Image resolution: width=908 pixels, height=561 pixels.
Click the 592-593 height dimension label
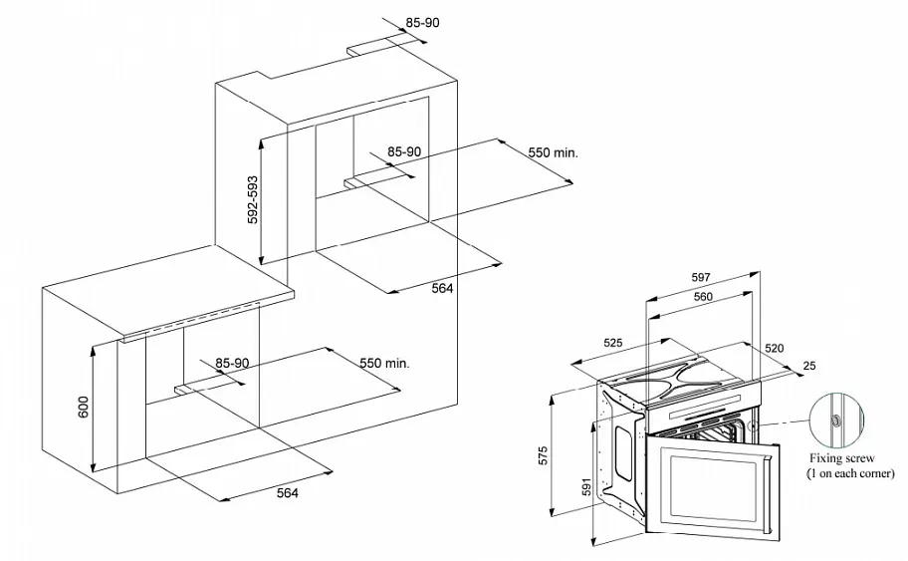pyautogui.click(x=253, y=199)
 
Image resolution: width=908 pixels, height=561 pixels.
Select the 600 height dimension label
pyautogui.click(x=84, y=408)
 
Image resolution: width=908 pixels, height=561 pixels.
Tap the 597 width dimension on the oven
pyautogui.click(x=701, y=278)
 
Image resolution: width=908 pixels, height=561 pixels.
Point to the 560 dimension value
pyautogui.click(x=703, y=297)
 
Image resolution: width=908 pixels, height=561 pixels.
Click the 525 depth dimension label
pyautogui.click(x=612, y=343)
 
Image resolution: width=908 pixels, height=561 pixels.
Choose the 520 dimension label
pyautogui.click(x=775, y=349)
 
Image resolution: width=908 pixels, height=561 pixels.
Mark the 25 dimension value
pyautogui.click(x=809, y=366)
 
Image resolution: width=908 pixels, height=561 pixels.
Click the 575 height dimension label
pyautogui.click(x=543, y=455)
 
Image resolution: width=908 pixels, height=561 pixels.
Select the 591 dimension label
pyautogui.click(x=585, y=487)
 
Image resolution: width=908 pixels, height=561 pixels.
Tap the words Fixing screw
pyautogui.click(x=842, y=458)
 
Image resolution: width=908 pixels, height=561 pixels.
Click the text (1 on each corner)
pyautogui.click(x=850, y=473)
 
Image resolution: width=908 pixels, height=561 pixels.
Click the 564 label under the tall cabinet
pyautogui.click(x=442, y=288)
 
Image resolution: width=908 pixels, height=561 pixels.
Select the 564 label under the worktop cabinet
pyautogui.click(x=287, y=493)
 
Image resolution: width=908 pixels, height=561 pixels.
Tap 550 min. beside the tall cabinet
pyautogui.click(x=553, y=152)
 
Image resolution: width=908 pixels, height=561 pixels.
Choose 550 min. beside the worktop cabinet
pyautogui.click(x=384, y=364)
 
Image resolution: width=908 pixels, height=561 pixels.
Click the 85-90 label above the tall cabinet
pyautogui.click(x=422, y=23)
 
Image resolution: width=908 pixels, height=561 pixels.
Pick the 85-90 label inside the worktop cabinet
pyautogui.click(x=232, y=364)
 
